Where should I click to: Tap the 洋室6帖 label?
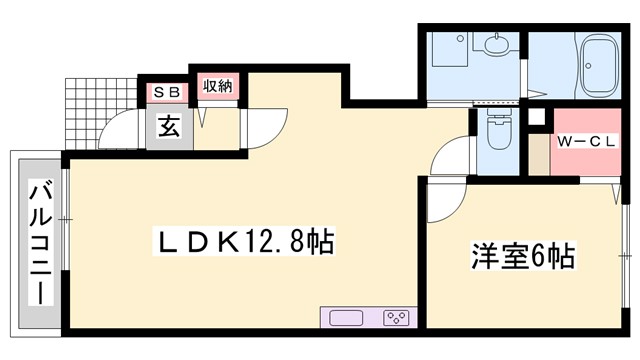(x=523, y=256)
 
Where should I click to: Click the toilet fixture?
(x=498, y=130)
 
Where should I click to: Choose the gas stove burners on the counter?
(x=395, y=318)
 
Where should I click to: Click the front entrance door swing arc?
(x=122, y=130)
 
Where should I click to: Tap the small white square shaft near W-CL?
(x=537, y=117)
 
